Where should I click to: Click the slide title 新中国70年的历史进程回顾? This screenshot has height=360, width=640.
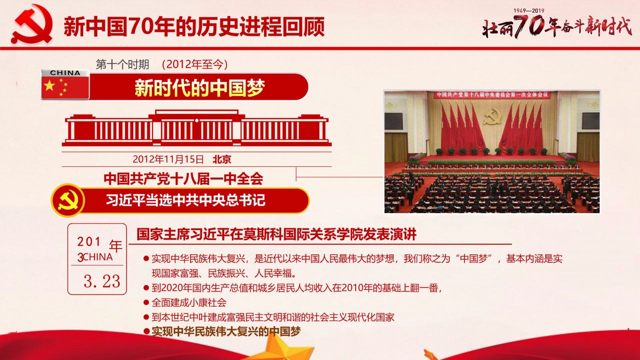click(x=194, y=26)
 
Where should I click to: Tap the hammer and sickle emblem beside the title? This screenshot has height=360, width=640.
click(x=32, y=24)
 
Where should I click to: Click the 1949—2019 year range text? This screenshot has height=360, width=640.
click(x=529, y=10)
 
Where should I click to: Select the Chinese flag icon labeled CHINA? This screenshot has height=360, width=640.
click(x=65, y=84)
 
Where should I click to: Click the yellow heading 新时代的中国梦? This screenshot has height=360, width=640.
click(x=200, y=88)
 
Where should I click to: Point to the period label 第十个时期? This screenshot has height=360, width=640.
click(x=122, y=64)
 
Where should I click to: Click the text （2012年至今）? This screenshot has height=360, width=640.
click(x=195, y=64)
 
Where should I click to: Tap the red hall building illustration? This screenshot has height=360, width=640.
click(x=196, y=128)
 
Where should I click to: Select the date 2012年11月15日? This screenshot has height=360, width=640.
click(x=168, y=159)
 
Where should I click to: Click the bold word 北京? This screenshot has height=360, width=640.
click(x=222, y=159)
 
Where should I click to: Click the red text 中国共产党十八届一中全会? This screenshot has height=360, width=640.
click(x=183, y=178)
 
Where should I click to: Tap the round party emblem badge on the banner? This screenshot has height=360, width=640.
click(x=68, y=200)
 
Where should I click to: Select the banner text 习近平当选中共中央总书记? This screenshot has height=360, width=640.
click(x=186, y=200)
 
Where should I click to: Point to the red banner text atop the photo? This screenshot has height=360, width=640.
click(x=492, y=95)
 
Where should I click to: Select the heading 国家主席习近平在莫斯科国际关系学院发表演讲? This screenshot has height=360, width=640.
click(x=276, y=234)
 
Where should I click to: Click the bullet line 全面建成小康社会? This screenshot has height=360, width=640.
click(x=189, y=302)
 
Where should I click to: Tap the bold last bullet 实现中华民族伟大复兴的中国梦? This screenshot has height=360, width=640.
click(x=226, y=332)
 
